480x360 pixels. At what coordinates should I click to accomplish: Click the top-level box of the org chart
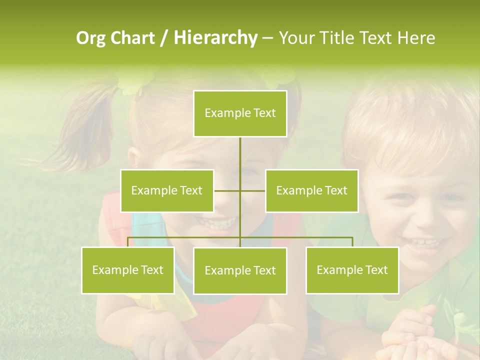click(x=240, y=113)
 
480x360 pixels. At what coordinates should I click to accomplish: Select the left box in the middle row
click(x=166, y=190)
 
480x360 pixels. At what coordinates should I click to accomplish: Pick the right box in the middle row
click(x=311, y=190)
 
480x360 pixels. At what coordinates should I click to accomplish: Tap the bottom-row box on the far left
click(x=127, y=270)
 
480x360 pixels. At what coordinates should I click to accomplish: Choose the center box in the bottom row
click(x=240, y=270)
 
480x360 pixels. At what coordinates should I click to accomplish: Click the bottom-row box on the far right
click(x=352, y=270)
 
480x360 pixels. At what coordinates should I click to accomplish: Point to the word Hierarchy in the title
click(x=215, y=38)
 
